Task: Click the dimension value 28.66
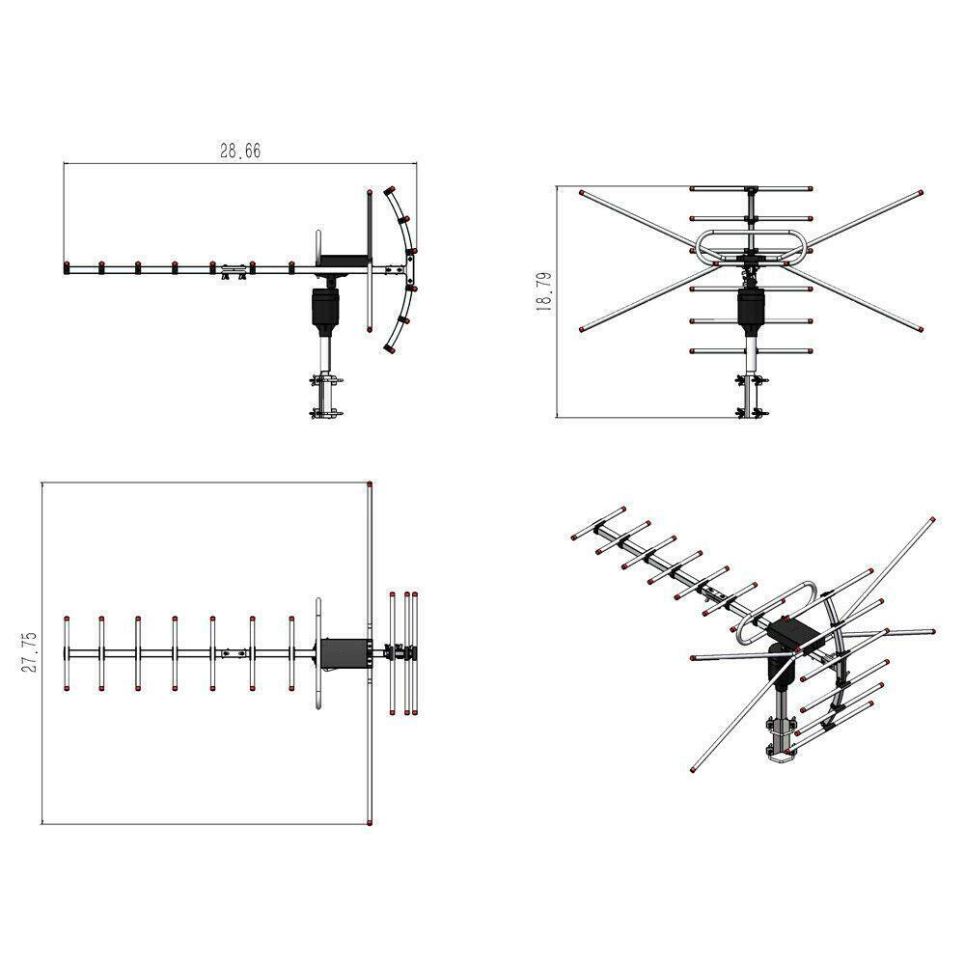[240, 151]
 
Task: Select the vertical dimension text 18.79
[543, 290]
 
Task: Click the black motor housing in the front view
[751, 308]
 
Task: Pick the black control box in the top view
[345, 653]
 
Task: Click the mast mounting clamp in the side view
[325, 396]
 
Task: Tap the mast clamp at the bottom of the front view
[750, 396]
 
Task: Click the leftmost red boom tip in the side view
[66, 265]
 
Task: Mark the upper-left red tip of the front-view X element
[581, 193]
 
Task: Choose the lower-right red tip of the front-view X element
[922, 329]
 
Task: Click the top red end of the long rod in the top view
[371, 485]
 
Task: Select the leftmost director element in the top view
[66, 653]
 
